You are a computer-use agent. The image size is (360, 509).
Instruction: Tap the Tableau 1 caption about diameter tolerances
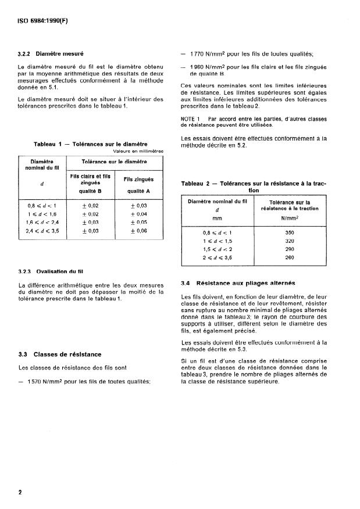click(91, 144)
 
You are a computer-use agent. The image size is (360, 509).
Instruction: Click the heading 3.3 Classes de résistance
click(60, 354)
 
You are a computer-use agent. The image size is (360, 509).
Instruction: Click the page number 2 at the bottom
click(20, 493)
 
